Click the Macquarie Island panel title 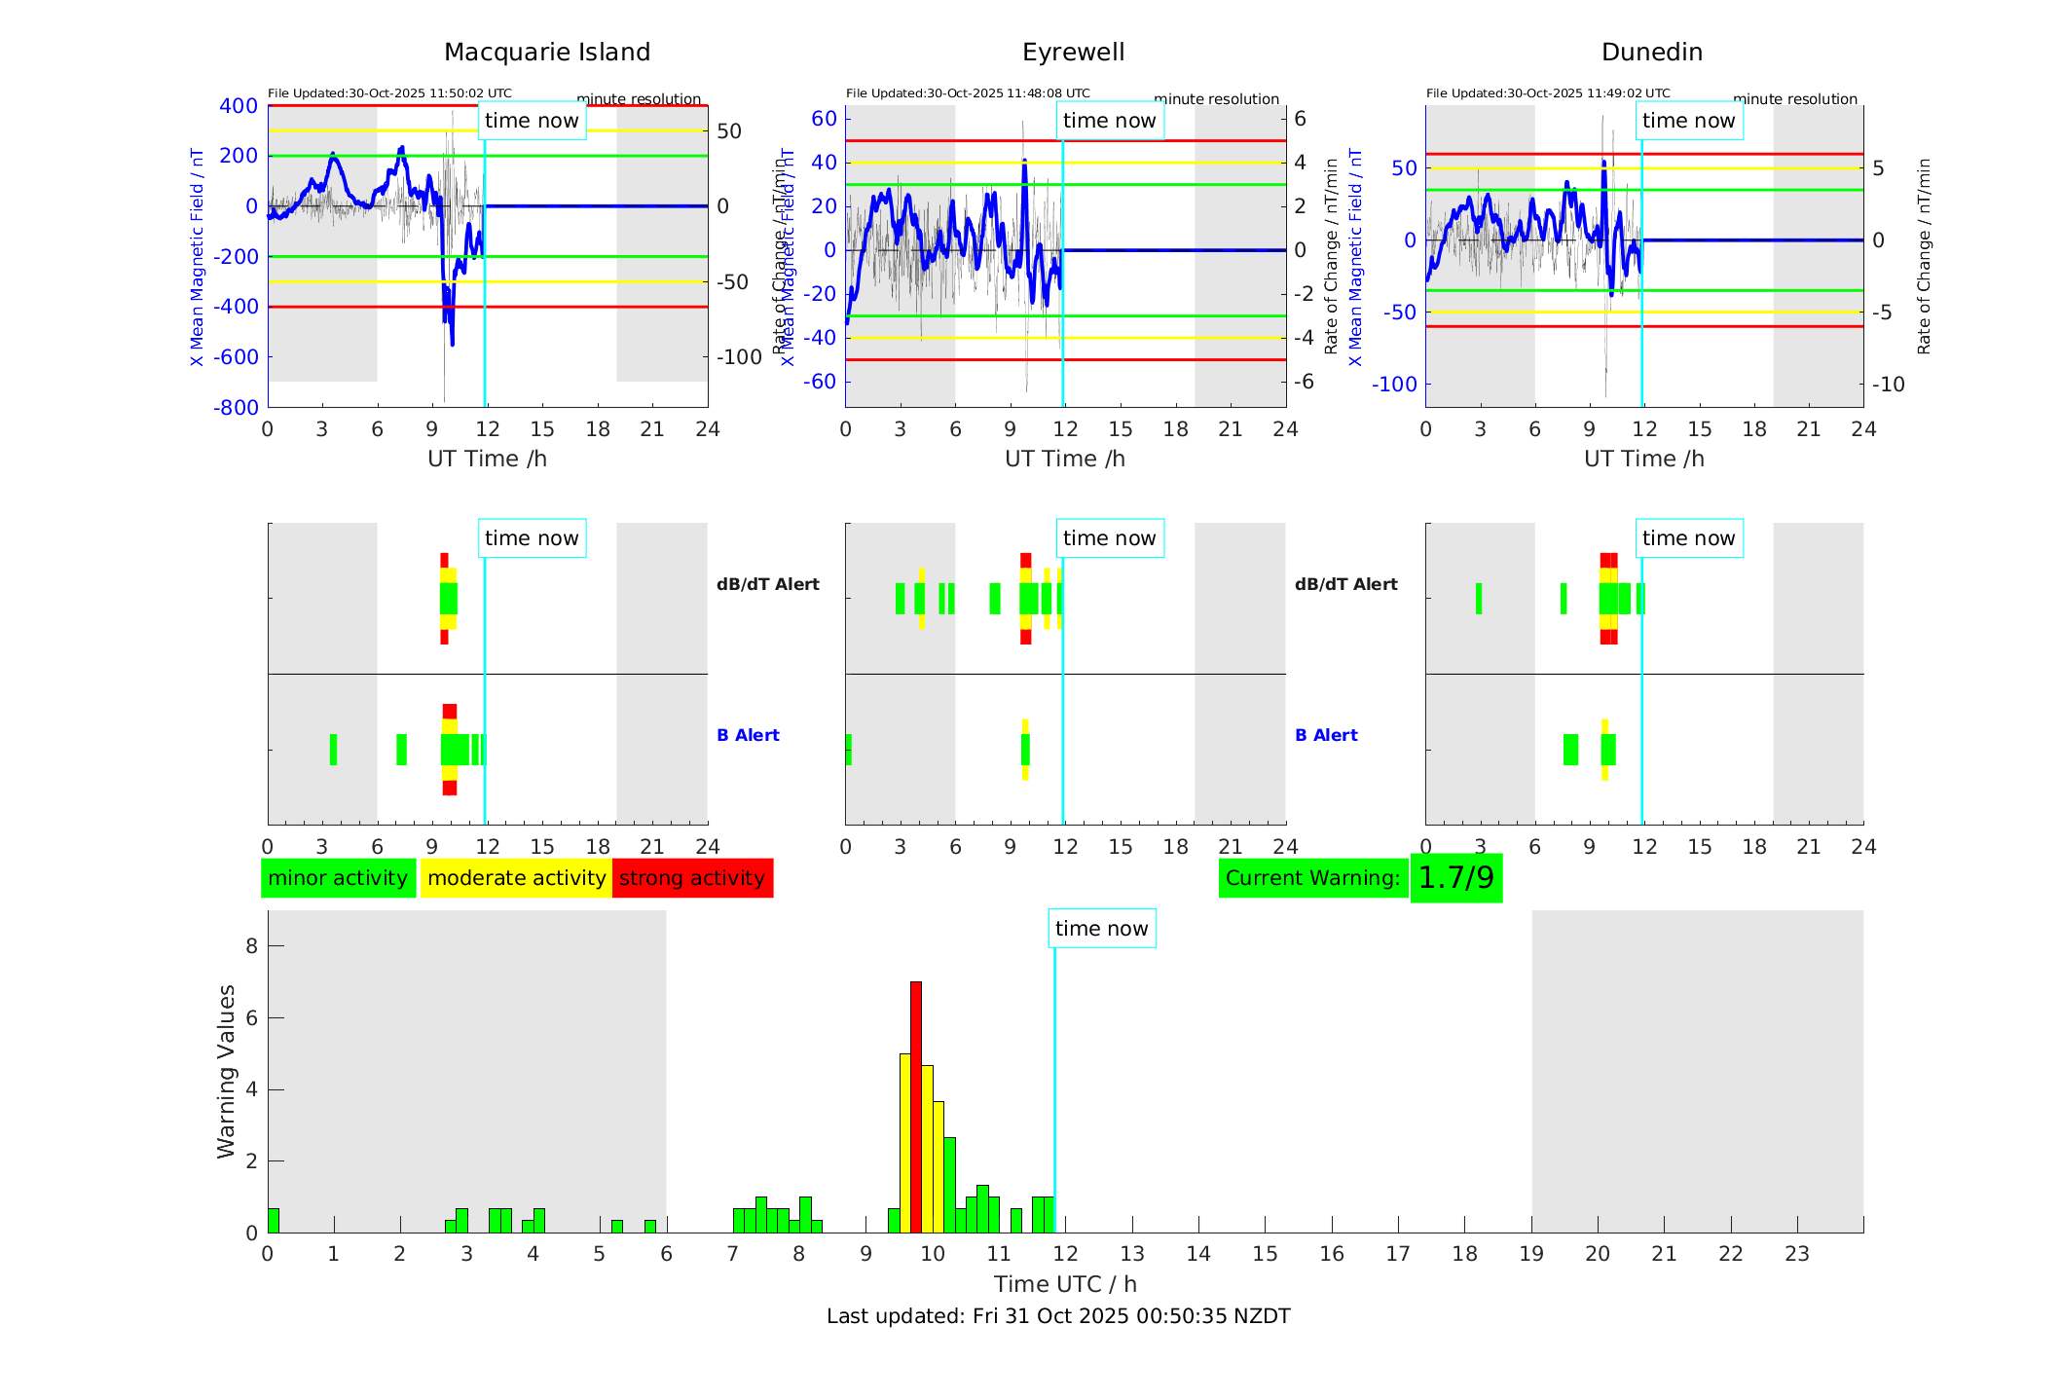(x=547, y=53)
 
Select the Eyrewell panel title (x=1073, y=53)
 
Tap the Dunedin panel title (x=1651, y=53)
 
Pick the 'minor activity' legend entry (x=338, y=878)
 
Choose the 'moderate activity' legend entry (x=516, y=878)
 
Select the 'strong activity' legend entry (x=692, y=878)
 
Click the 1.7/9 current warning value (x=1455, y=878)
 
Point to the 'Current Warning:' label (x=1312, y=878)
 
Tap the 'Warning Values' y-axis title (x=226, y=1071)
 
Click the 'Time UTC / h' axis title (x=1065, y=1284)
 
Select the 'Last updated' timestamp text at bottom (x=1058, y=1316)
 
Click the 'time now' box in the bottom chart (x=1101, y=929)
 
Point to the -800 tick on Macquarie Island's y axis (x=236, y=408)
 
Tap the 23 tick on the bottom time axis (x=1796, y=1254)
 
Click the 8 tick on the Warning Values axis (x=251, y=945)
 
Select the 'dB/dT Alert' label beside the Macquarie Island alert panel (x=767, y=584)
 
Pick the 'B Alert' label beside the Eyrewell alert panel (x=1326, y=735)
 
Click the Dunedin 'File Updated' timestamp (x=1548, y=93)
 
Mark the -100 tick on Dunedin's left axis (x=1394, y=385)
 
